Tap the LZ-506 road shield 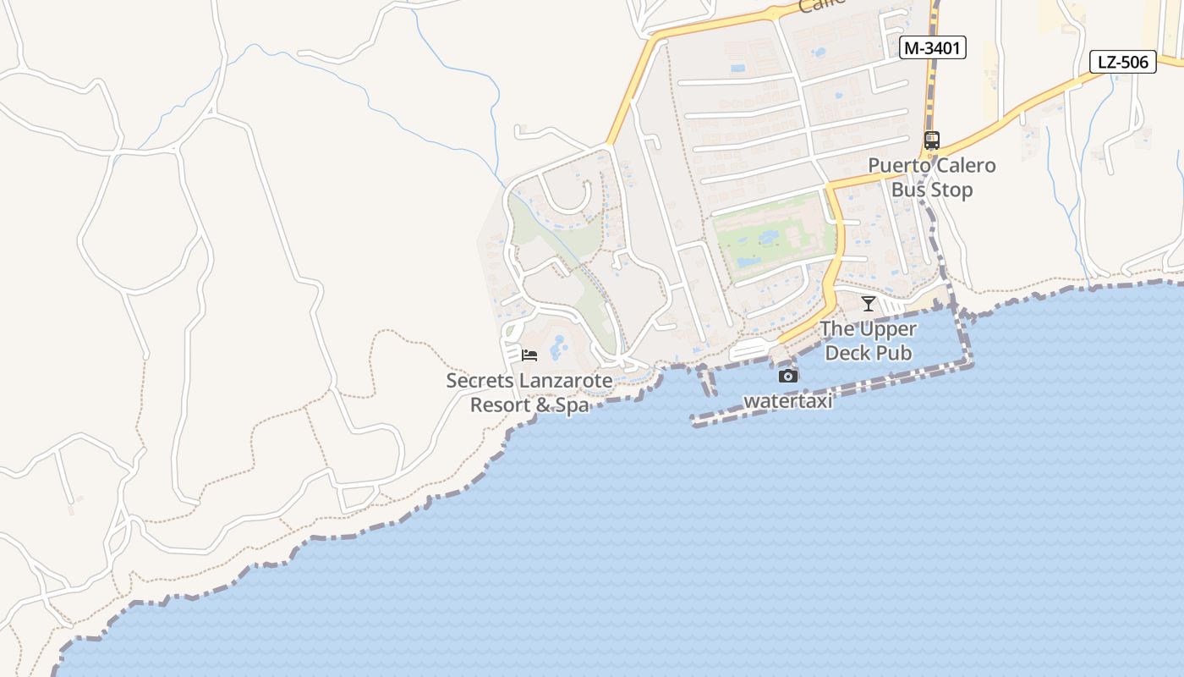tap(1122, 61)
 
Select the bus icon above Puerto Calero tap(931, 140)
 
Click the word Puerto tap(900, 165)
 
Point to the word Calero tap(966, 165)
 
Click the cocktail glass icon tap(869, 304)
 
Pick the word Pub tap(894, 352)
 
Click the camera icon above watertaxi tap(788, 376)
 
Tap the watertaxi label tap(788, 401)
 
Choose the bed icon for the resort tap(529, 355)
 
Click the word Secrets tap(479, 381)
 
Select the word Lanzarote tap(565, 381)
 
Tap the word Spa tap(573, 405)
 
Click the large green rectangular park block tap(771, 234)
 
